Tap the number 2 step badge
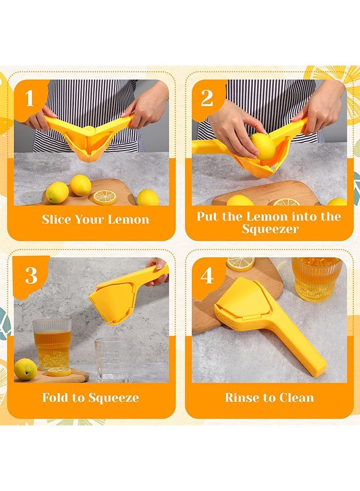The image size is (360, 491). [207, 99]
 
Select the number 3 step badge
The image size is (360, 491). [31, 276]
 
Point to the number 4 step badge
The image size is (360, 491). [207, 276]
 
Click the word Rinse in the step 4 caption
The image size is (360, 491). [241, 398]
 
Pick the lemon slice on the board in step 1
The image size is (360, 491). [104, 197]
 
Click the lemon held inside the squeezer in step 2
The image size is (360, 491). [264, 146]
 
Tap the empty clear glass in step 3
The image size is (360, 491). [113, 360]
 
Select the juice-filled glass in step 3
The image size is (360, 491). [52, 344]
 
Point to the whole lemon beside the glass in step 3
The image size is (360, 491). [25, 369]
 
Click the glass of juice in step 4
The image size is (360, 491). [316, 278]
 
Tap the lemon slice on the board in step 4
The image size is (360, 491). [241, 264]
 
